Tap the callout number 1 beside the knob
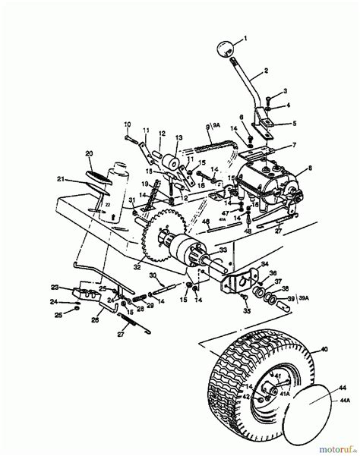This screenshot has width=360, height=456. pos(245,36)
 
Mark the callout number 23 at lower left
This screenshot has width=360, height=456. pos(54,287)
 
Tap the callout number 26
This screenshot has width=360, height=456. pos(95,319)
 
